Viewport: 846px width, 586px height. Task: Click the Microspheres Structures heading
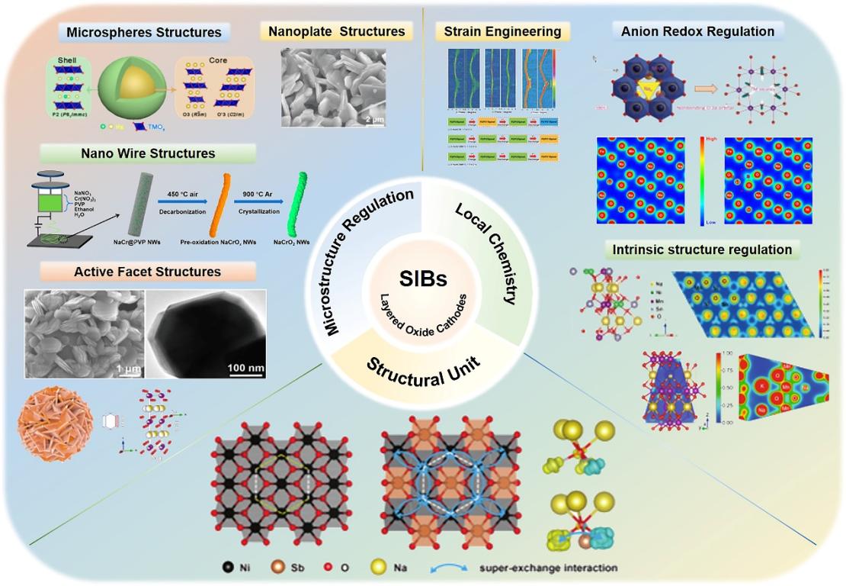pos(144,32)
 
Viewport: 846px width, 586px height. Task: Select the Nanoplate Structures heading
pos(337,32)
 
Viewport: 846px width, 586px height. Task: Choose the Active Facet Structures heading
pos(148,272)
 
